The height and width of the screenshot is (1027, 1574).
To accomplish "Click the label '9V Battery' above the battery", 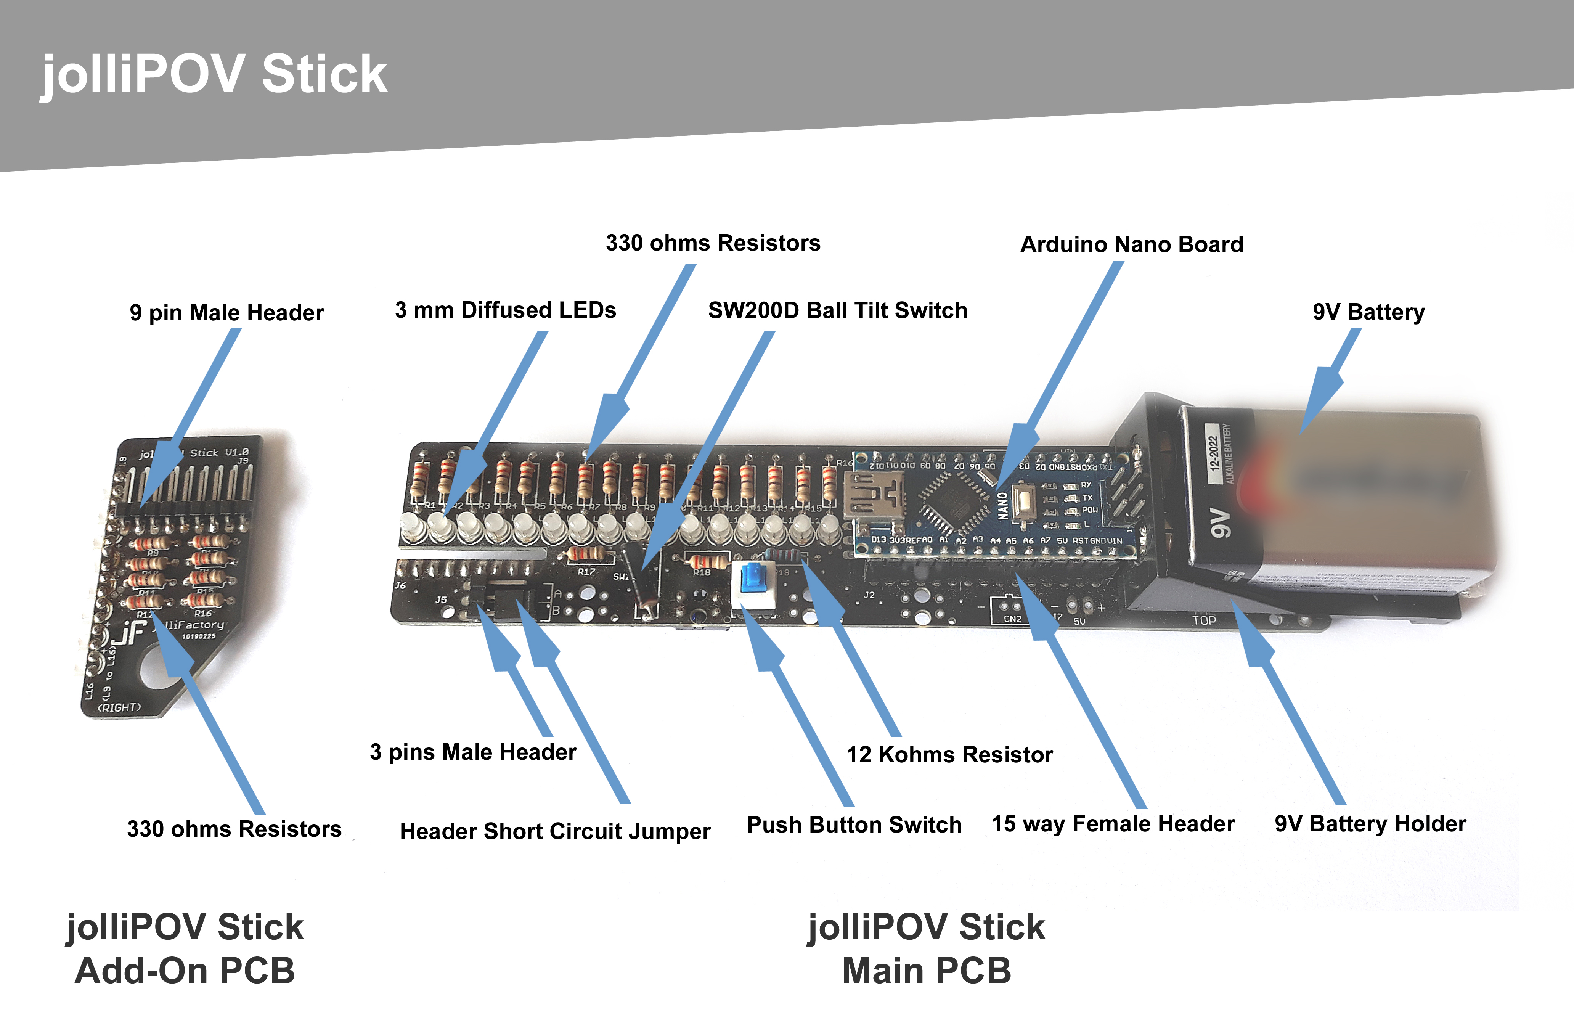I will pos(1368,312).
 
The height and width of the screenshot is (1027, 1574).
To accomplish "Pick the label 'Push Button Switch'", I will pos(854,824).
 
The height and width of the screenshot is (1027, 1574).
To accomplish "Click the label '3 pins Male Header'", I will pos(473,752).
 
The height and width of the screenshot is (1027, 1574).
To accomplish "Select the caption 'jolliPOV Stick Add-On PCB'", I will pos(185,948).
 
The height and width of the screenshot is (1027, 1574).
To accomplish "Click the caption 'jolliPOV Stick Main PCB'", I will pos(927,948).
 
